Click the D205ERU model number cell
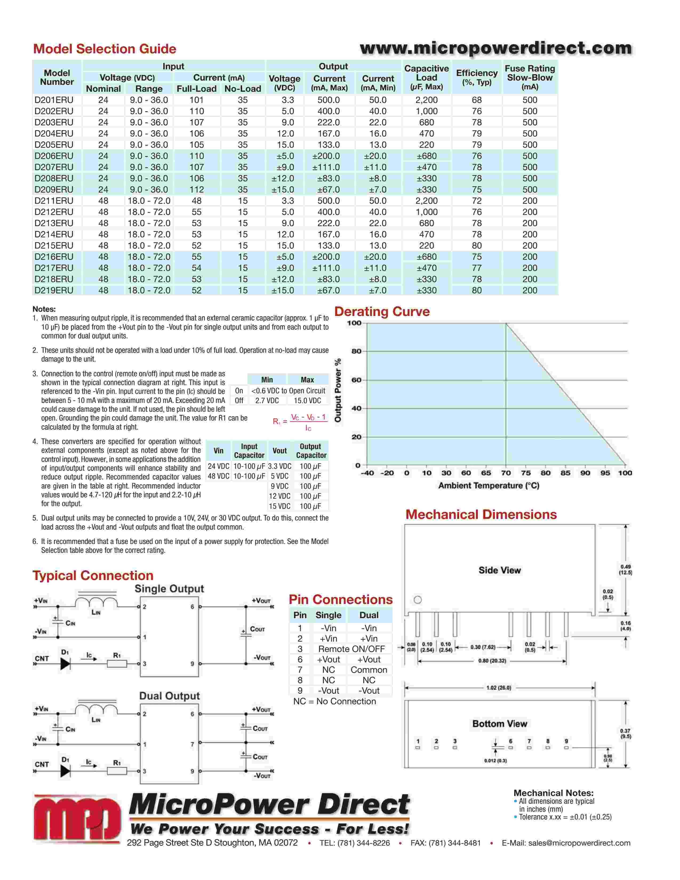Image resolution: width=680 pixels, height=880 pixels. [54, 145]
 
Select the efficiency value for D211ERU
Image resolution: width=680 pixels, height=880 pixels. [477, 201]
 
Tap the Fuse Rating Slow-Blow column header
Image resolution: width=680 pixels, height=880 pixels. [530, 77]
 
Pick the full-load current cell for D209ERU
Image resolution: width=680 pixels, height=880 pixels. [197, 189]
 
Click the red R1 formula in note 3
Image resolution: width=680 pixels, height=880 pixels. [300, 421]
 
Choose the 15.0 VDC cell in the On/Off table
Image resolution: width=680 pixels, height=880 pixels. [307, 401]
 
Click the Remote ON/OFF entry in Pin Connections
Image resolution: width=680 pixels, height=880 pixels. [351, 649]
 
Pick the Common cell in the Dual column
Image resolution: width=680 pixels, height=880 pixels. [369, 670]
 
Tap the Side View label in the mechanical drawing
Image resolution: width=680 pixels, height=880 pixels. [499, 570]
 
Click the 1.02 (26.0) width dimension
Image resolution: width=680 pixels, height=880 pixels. [499, 688]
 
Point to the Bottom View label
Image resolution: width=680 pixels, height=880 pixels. [499, 724]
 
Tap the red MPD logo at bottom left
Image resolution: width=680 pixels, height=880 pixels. [77, 819]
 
